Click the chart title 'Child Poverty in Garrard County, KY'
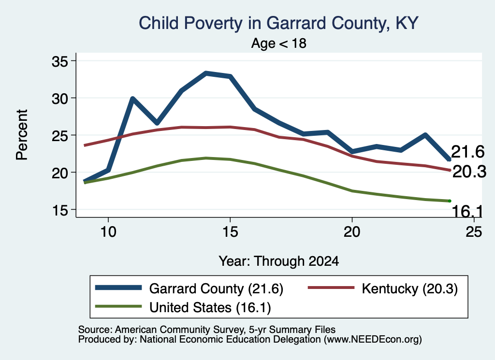(279, 23)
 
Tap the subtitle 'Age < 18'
(279, 43)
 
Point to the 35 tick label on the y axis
(60, 61)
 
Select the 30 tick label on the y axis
(60, 98)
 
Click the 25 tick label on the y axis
(60, 135)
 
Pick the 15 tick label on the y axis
(60, 210)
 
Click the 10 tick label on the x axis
(108, 232)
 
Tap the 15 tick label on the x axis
(230, 232)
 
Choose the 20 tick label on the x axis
(352, 232)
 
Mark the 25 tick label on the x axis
(474, 232)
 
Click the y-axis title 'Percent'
(22, 135)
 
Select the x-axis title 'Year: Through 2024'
(279, 261)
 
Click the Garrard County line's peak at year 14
(206, 73)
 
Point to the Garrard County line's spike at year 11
(132, 99)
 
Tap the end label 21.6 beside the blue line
(467, 152)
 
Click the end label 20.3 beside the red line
(469, 172)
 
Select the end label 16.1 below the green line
(467, 211)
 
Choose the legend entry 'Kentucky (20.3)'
(410, 288)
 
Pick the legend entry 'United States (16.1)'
(210, 308)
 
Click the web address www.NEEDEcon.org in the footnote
(373, 340)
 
